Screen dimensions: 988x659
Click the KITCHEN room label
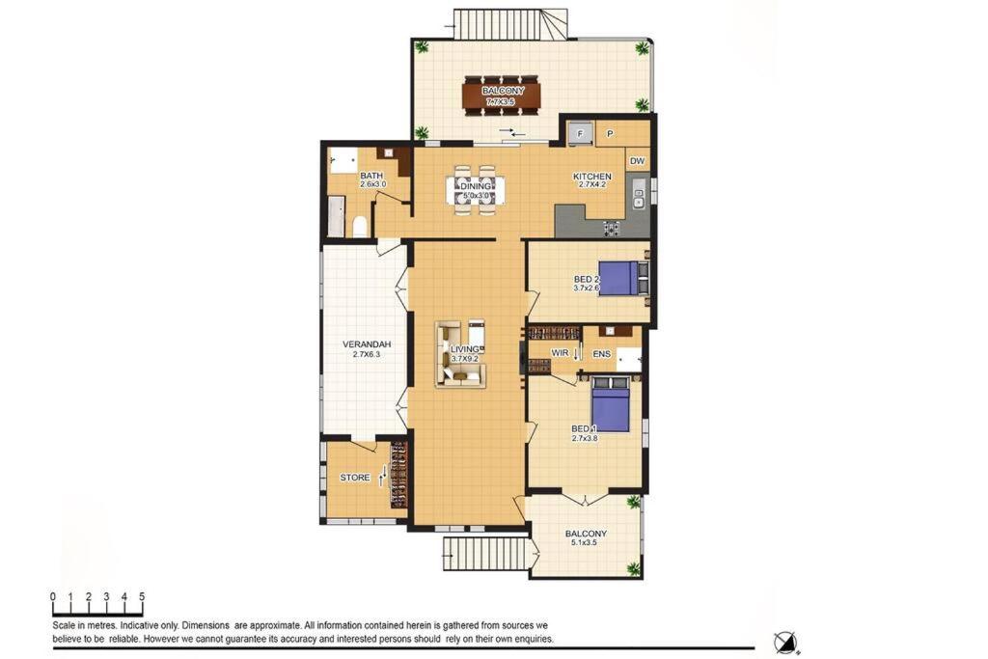tap(591, 177)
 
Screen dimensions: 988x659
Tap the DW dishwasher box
tap(638, 161)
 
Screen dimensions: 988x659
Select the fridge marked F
tap(581, 133)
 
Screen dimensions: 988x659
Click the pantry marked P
tap(610, 133)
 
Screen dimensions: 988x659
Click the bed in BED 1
tap(611, 403)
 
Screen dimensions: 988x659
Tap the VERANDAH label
tap(367, 344)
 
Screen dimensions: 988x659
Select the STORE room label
tap(355, 478)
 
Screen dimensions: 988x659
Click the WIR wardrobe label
tap(561, 353)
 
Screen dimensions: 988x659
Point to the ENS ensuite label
tap(602, 354)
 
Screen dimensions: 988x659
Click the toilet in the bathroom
tap(360, 226)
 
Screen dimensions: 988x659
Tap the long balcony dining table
tap(503, 96)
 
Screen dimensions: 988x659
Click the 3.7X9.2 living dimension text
tap(464, 359)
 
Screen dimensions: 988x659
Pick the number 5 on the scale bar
tap(143, 596)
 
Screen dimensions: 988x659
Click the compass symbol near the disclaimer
tap(784, 642)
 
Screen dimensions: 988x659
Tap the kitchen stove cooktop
tap(611, 228)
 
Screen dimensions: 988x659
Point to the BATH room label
tap(371, 176)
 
